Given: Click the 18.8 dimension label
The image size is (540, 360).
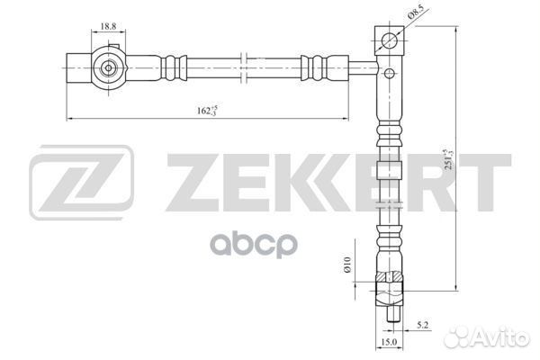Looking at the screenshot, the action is pyautogui.click(x=108, y=26).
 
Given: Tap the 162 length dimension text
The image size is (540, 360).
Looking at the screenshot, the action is pyautogui.click(x=207, y=110).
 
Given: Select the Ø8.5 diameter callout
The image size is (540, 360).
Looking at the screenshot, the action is pyautogui.click(x=415, y=11).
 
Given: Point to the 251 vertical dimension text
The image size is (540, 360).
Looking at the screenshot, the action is pyautogui.click(x=449, y=159).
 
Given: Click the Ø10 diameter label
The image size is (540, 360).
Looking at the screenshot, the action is pyautogui.click(x=347, y=265).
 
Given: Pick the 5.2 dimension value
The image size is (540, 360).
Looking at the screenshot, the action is pyautogui.click(x=422, y=325).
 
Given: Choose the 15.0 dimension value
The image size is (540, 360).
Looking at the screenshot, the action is pyautogui.click(x=389, y=342).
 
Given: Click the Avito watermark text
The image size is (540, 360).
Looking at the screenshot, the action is pyautogui.click(x=487, y=337).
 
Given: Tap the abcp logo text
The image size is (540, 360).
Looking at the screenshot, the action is pyautogui.click(x=254, y=245).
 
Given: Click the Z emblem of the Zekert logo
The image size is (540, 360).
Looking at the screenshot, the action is pyautogui.click(x=81, y=182).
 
